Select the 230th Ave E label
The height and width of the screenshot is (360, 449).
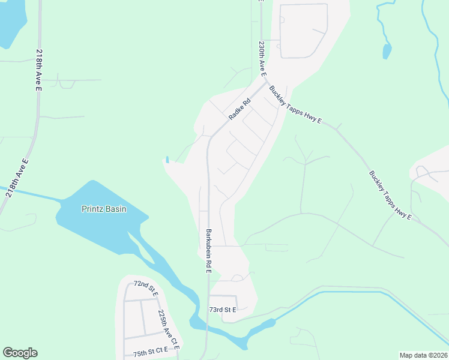coord(262,58)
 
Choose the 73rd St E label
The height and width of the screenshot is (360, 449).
coord(223,310)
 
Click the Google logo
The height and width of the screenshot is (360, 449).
coord(20,353)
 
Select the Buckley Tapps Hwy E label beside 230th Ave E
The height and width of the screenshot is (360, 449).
coord(295,105)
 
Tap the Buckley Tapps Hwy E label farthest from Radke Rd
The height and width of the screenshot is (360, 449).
coord(390,196)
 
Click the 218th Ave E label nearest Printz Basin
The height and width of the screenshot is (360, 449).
coord(17,178)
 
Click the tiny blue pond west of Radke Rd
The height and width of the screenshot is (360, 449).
coord(167,160)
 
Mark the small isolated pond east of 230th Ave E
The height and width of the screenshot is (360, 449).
coord(387,51)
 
